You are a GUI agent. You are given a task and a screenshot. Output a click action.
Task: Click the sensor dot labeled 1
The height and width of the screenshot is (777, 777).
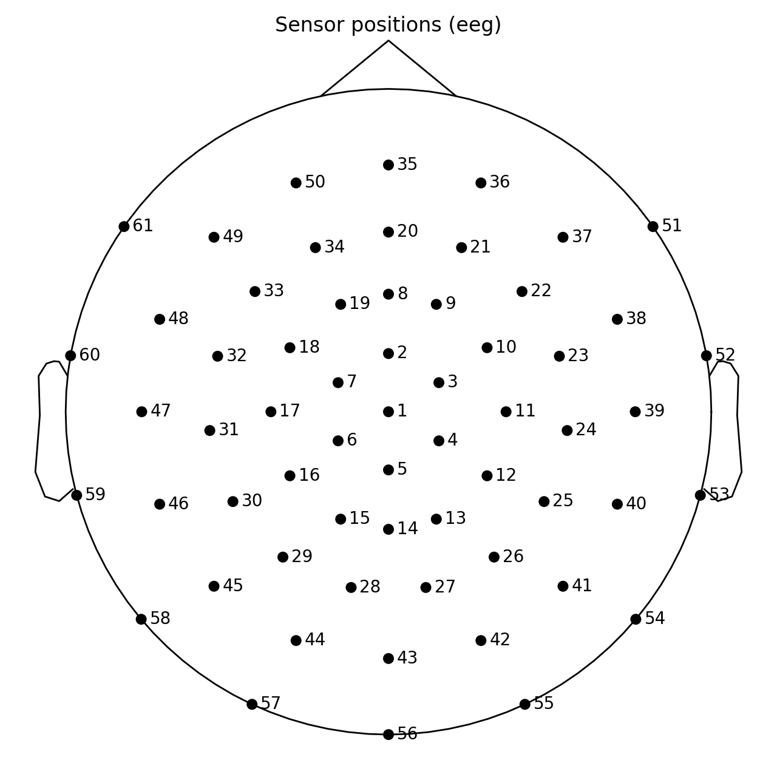point(388,412)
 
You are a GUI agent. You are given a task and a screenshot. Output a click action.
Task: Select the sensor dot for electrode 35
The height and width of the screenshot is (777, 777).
point(388,165)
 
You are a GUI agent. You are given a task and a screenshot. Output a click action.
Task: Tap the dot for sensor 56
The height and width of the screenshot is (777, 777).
point(388,735)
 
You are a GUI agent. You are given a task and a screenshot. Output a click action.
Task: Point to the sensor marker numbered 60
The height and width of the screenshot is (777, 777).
point(70,356)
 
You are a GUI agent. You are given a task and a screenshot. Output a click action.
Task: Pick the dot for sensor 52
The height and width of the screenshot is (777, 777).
point(707,356)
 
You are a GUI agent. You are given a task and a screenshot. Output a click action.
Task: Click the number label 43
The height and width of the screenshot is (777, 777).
point(407,658)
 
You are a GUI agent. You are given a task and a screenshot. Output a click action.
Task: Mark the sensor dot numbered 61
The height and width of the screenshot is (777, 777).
point(124,226)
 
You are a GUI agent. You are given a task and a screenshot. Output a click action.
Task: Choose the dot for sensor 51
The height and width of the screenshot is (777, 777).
point(653,226)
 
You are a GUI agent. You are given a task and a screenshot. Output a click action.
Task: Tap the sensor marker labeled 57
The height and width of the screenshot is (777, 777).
point(252,704)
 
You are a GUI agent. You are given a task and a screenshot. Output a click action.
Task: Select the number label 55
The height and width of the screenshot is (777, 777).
point(544,704)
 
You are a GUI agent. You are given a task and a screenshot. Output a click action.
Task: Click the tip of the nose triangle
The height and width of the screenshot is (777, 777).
point(388,41)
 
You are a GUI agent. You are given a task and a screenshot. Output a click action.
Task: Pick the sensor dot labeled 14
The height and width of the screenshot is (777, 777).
point(388,529)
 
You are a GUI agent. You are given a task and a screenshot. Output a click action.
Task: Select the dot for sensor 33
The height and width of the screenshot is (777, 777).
point(255,291)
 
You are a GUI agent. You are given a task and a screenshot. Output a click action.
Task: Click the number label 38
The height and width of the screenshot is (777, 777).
point(636,319)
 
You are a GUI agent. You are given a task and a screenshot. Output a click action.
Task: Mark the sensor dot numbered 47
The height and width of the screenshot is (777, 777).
point(141,412)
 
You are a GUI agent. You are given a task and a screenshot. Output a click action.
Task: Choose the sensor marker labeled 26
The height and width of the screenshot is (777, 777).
point(494,557)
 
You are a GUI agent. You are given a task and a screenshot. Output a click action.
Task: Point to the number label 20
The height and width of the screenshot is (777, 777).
point(407,231)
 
